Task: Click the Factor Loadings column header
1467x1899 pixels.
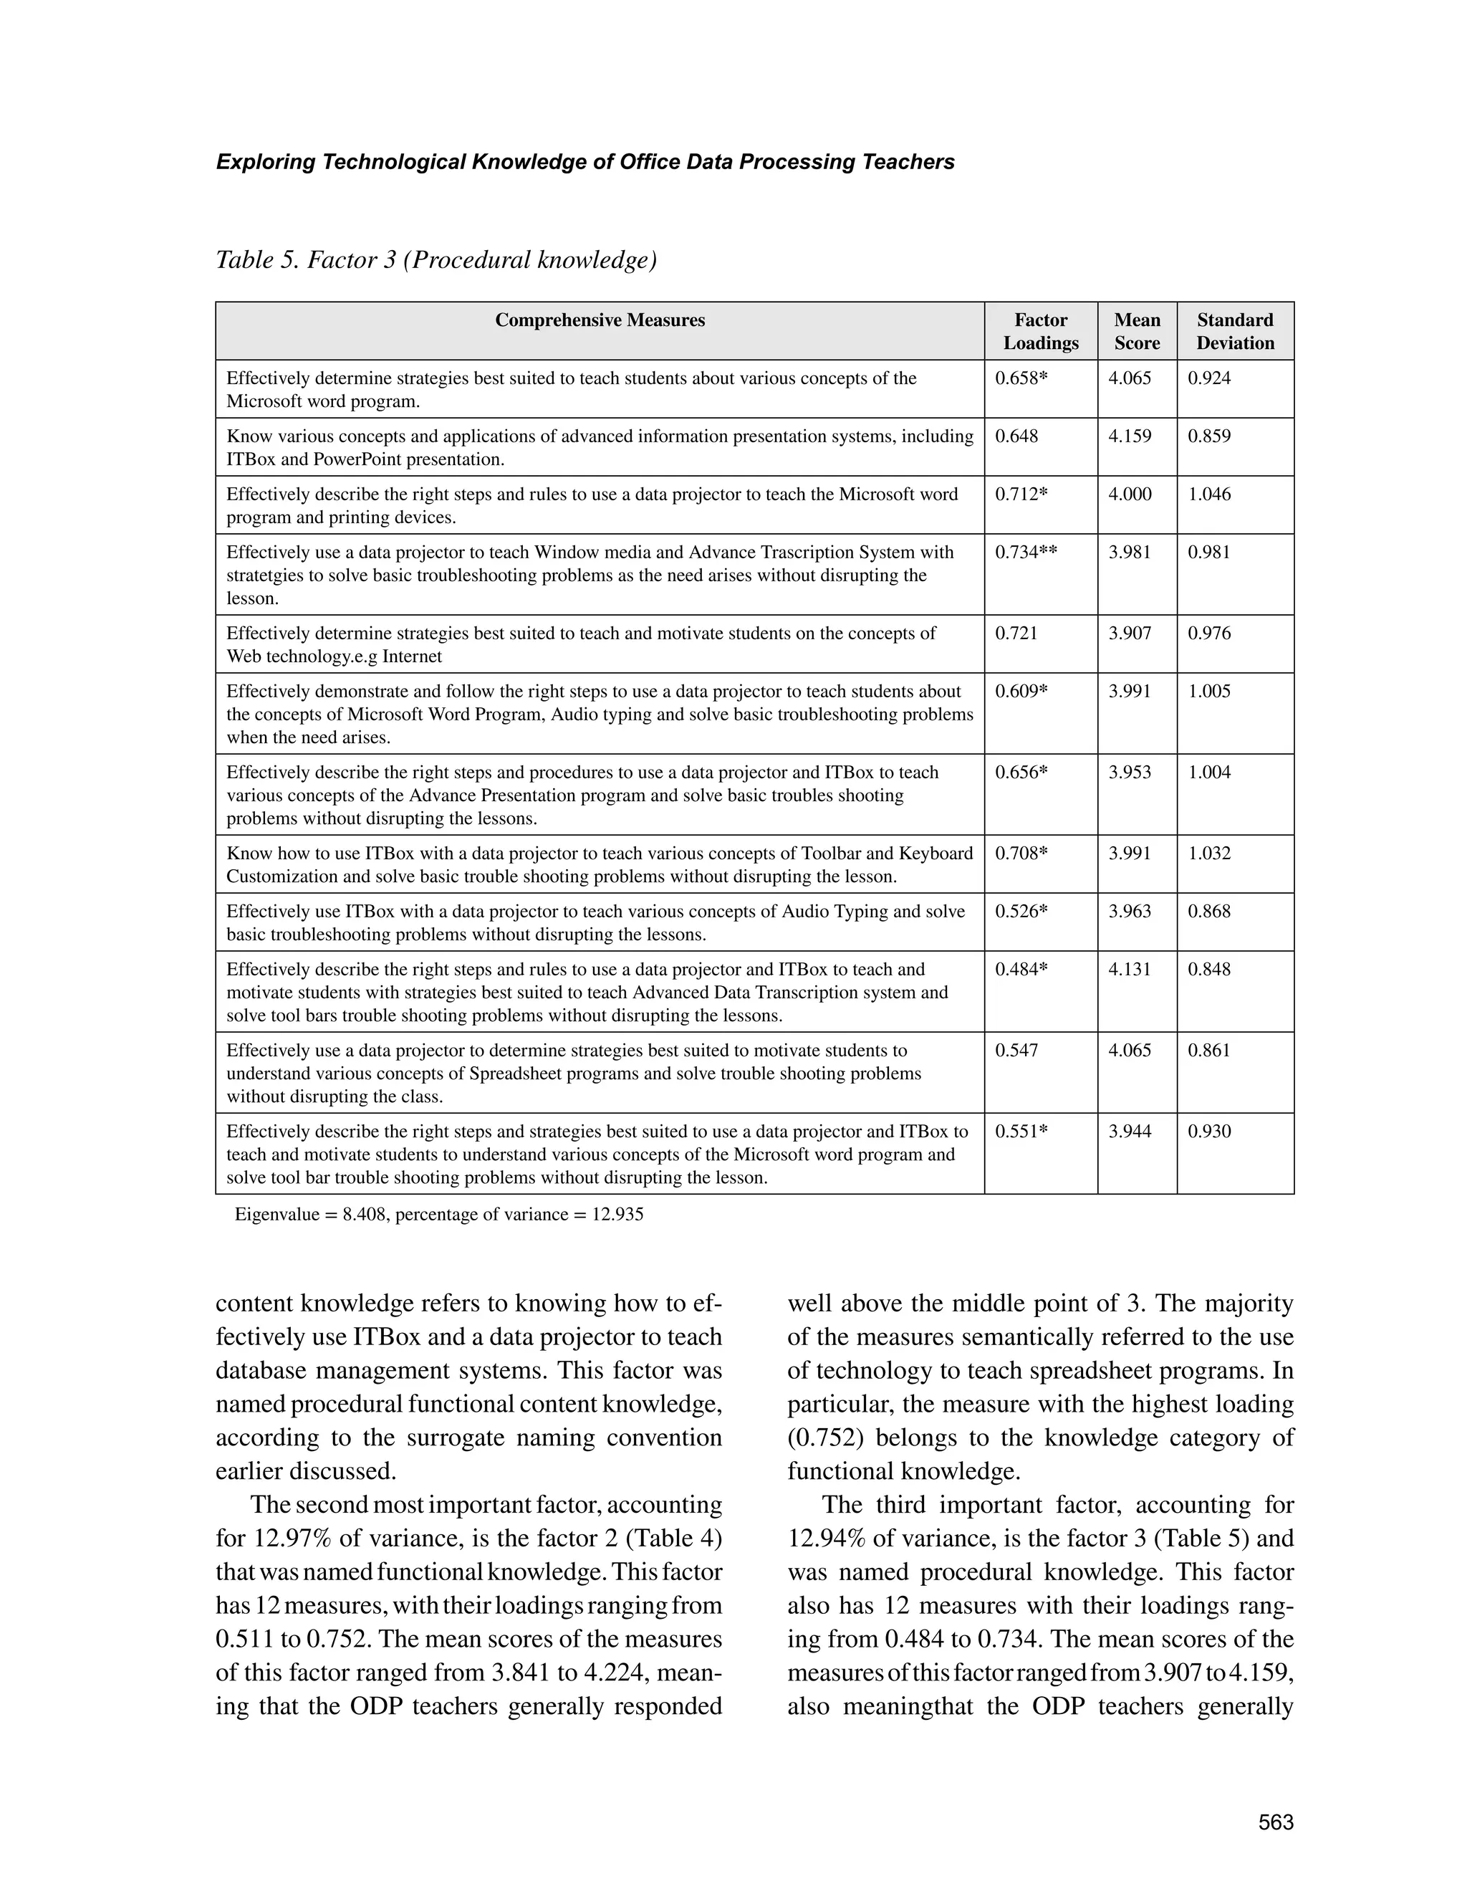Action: pyautogui.click(x=1040, y=331)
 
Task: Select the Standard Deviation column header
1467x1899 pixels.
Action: pyautogui.click(x=1234, y=331)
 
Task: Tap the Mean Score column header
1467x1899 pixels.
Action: pyautogui.click(x=1137, y=331)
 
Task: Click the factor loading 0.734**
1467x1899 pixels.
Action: pyautogui.click(x=1026, y=552)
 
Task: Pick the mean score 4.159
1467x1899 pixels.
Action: pyautogui.click(x=1130, y=436)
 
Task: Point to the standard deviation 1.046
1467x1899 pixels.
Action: pyautogui.click(x=1209, y=494)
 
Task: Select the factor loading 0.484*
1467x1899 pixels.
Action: pyautogui.click(x=1021, y=970)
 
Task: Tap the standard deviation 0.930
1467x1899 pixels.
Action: pyautogui.click(x=1209, y=1132)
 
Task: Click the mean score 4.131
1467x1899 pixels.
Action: pyautogui.click(x=1130, y=970)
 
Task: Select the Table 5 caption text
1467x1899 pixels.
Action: pyautogui.click(x=436, y=260)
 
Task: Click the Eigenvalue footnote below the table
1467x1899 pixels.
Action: pyautogui.click(x=439, y=1215)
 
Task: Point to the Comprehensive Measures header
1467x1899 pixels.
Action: pyautogui.click(x=600, y=320)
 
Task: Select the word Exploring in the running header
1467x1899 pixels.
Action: pyautogui.click(x=265, y=163)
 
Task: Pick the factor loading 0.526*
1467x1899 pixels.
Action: pyautogui.click(x=1021, y=912)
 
